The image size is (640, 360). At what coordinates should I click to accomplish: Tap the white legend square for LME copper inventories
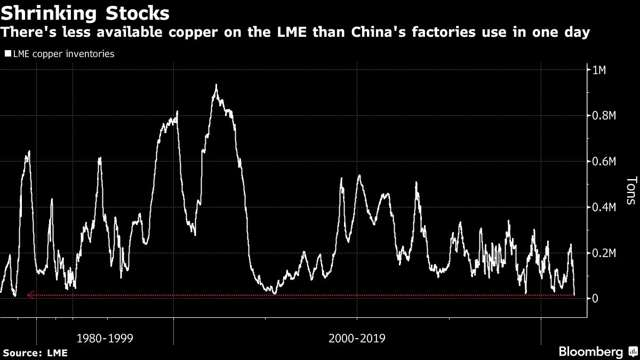coord(7,54)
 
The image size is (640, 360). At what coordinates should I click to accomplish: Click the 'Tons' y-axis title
coord(630,191)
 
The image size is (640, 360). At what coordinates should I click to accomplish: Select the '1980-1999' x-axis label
coord(105,338)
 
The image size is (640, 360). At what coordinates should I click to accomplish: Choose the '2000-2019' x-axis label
coord(357,338)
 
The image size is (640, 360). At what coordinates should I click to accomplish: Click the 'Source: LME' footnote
coord(35,353)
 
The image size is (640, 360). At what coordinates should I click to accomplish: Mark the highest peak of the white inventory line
coord(216,85)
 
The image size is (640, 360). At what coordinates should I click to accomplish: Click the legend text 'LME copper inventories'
coord(63,54)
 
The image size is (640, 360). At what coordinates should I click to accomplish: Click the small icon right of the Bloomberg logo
coord(633,352)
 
